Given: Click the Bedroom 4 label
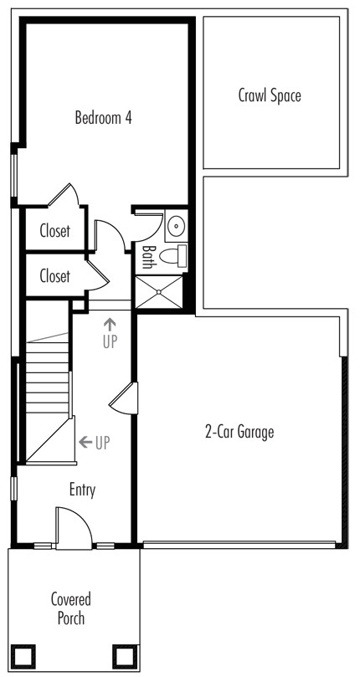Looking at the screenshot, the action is pos(103,117).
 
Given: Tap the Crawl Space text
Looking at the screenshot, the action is pos(270,95).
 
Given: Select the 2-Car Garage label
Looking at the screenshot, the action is pos(239,431).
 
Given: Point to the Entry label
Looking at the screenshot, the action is pos(82,490).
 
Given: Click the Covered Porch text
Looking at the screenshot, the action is pos(71,608).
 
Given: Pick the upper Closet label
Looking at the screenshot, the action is pos(55,231).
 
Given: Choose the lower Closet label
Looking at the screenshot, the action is pos(55,275).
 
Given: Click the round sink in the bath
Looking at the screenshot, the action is pos(177,226).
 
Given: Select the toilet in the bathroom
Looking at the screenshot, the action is pos(173,255).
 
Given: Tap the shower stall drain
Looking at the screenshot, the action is pos(159,292).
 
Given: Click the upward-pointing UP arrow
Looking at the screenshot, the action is pos(111,324).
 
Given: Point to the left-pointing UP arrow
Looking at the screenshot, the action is pos(85,442).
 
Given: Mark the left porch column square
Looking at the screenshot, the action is pos(23,657).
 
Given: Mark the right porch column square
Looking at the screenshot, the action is pos(126,657).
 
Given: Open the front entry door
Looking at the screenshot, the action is pos(74,528).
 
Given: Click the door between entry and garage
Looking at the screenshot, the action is pos(124,398).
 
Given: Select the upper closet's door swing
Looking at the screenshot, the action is pos(64,195).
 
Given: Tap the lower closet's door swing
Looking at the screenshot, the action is pos(98,275).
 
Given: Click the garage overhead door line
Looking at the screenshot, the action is pos(239,545).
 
